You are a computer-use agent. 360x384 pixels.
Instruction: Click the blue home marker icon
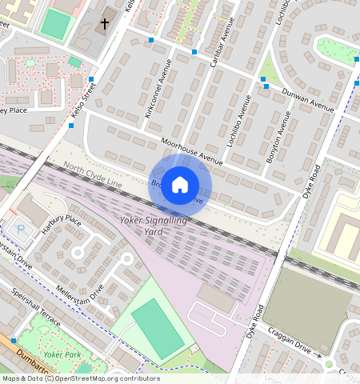[x=180, y=185]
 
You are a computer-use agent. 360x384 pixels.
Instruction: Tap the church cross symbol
[x=104, y=24]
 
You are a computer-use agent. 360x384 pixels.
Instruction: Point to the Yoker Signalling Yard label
[x=153, y=225]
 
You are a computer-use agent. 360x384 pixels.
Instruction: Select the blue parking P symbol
[x=21, y=229]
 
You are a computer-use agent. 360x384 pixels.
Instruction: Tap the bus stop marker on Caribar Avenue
[x=194, y=52]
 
